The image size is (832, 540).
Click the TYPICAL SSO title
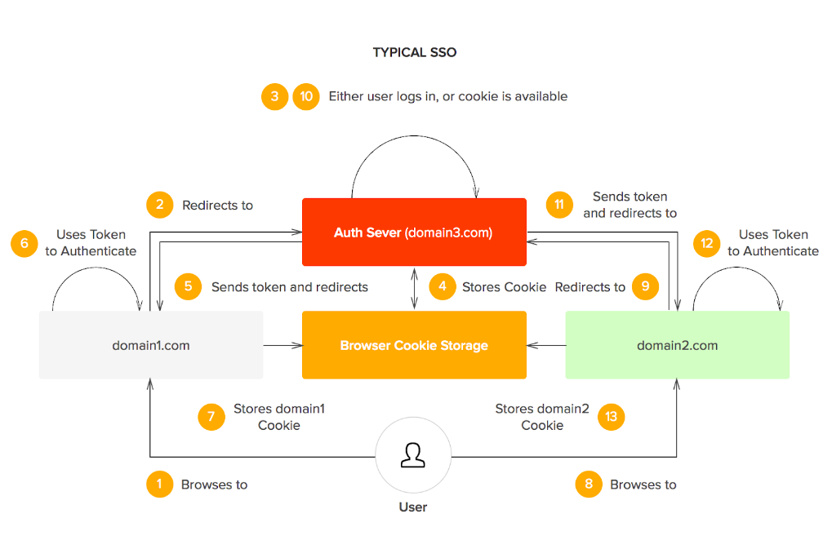pyautogui.click(x=415, y=52)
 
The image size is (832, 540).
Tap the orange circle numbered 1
pyautogui.click(x=159, y=484)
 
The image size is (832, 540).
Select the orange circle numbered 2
pyautogui.click(x=159, y=205)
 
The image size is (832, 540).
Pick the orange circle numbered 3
pyautogui.click(x=274, y=96)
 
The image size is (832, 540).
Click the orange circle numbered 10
pyautogui.click(x=306, y=96)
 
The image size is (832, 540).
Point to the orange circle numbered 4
pyautogui.click(x=442, y=286)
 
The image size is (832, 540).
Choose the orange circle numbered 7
pyautogui.click(x=211, y=417)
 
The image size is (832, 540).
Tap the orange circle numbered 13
pyautogui.click(x=611, y=417)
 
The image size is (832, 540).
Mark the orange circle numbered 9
pyautogui.click(x=645, y=286)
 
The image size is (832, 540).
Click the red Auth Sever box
pyautogui.click(x=414, y=232)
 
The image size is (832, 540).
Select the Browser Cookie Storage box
pyautogui.click(x=414, y=345)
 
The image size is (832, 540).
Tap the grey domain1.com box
pyautogui.click(x=151, y=345)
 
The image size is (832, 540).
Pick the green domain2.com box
pyautogui.click(x=678, y=345)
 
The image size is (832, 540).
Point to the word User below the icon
pyautogui.click(x=412, y=507)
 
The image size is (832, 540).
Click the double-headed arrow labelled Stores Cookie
pyautogui.click(x=415, y=287)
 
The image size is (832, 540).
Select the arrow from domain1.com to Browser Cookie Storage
pyautogui.click(x=283, y=346)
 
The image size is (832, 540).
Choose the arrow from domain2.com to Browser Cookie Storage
pyautogui.click(x=546, y=346)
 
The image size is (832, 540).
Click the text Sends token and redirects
pyautogui.click(x=289, y=286)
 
